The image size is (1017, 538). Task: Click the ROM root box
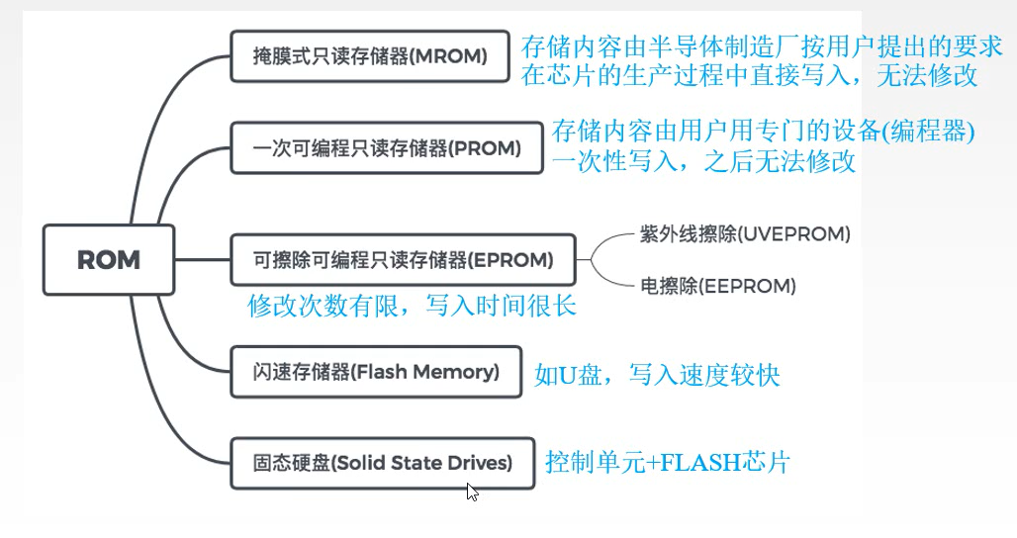click(x=109, y=260)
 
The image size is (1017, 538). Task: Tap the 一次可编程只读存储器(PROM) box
click(x=386, y=148)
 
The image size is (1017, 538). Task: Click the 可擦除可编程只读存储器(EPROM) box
click(x=401, y=261)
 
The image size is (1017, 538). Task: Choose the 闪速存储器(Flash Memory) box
click(x=375, y=372)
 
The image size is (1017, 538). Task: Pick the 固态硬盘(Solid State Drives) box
click(x=382, y=462)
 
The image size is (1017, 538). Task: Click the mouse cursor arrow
click(x=472, y=491)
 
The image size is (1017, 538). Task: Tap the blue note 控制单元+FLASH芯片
click(x=668, y=462)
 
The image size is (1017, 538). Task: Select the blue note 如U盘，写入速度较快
click(x=658, y=375)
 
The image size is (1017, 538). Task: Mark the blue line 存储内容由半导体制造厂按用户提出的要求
click(x=763, y=46)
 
